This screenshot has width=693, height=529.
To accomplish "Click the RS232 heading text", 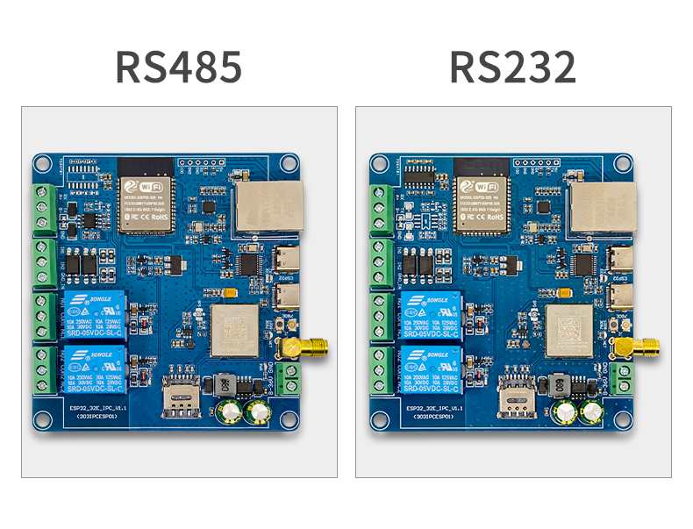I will (x=513, y=68).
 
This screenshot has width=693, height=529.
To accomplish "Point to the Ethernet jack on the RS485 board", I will (x=268, y=209).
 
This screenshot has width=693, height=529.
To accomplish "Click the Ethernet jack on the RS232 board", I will (x=604, y=209).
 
